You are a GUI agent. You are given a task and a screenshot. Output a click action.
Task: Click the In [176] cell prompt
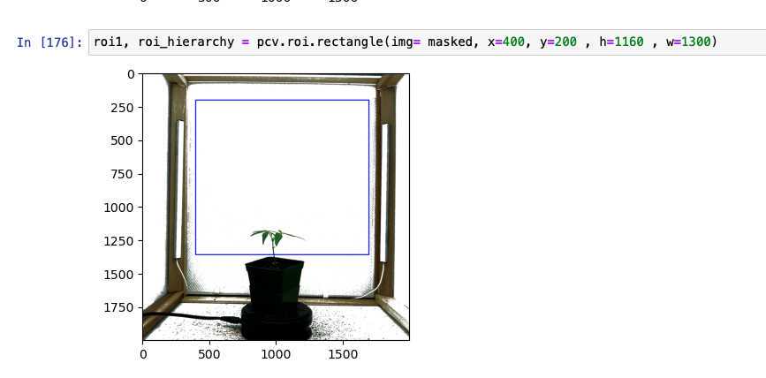click(49, 42)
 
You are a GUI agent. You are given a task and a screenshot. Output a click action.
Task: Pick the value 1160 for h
click(629, 42)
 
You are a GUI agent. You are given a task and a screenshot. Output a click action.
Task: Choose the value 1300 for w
click(695, 42)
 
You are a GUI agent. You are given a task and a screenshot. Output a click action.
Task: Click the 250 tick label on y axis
click(123, 108)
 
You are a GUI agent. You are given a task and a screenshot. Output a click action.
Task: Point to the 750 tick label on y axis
click(123, 174)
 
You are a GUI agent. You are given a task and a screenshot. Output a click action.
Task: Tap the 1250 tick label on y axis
click(119, 241)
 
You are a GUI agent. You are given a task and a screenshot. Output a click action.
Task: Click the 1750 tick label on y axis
click(119, 307)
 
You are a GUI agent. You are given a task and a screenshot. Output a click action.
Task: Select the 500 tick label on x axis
click(209, 354)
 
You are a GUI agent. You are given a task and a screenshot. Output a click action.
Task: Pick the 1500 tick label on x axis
click(343, 354)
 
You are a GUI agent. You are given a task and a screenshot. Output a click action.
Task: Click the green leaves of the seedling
click(275, 237)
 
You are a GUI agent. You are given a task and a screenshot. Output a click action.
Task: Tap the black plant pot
click(275, 283)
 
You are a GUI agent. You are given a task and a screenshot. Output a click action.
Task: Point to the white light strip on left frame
click(180, 189)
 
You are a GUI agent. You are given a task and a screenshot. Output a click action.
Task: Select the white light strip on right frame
click(384, 193)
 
